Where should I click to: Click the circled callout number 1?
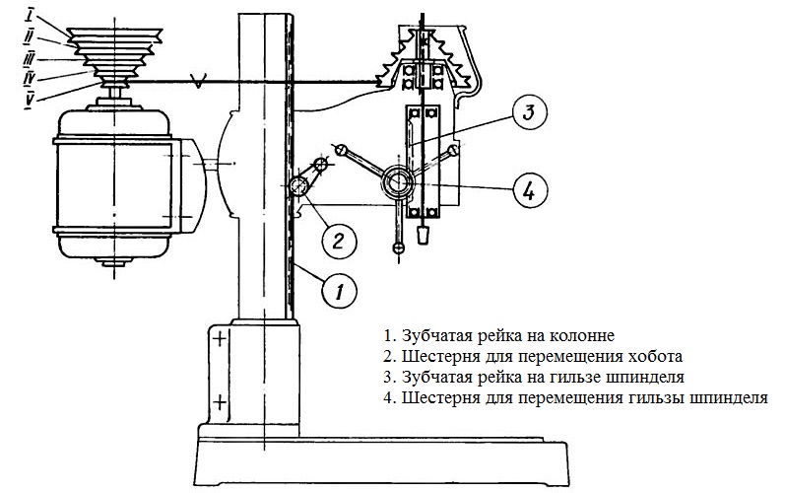(x=337, y=290)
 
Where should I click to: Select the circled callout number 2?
(x=337, y=239)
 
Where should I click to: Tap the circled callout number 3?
(x=528, y=113)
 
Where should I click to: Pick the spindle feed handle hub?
(x=399, y=181)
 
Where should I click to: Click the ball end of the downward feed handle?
(x=397, y=247)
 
